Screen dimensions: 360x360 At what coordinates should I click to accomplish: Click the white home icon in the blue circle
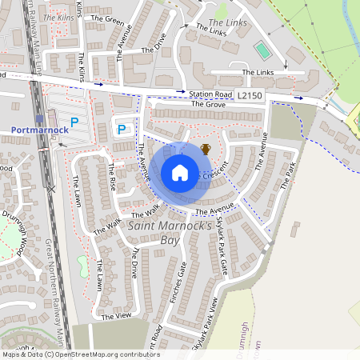coord(180,173)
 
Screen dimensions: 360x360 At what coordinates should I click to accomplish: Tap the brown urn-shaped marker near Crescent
coord(206,149)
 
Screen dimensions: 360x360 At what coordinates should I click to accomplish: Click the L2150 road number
coord(250,95)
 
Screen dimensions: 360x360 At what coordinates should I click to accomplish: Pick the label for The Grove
coord(209,105)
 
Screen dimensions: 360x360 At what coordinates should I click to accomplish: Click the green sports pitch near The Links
coord(262,50)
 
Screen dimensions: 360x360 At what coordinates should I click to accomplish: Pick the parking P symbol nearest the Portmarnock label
coord(74,122)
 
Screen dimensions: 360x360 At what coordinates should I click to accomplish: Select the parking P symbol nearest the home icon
coord(122,129)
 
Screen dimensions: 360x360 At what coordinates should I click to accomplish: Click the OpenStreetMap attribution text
coord(80,354)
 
